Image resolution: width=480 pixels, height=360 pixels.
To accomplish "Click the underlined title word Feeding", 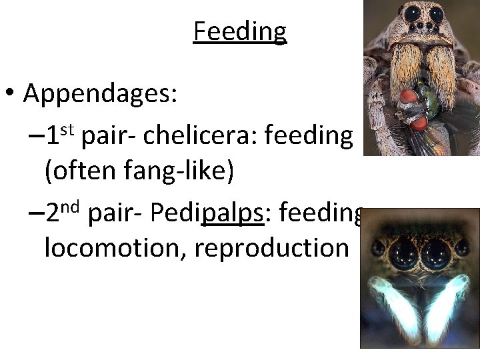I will coord(239,31).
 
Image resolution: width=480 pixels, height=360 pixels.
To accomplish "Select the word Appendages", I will coord(100,95).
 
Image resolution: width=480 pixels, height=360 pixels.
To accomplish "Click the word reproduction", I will coord(272,248).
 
